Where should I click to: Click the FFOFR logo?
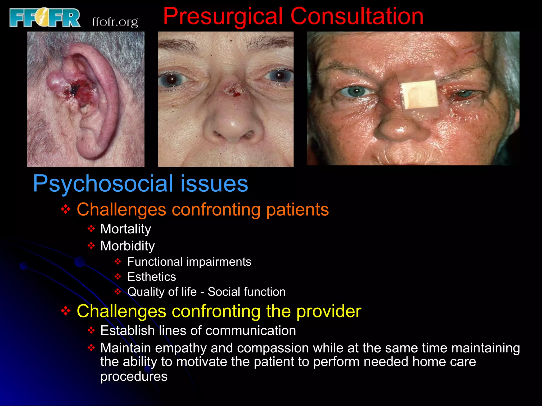pyautogui.click(x=44, y=17)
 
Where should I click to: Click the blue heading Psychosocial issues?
pyautogui.click(x=140, y=183)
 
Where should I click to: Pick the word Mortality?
pyautogui.click(x=126, y=229)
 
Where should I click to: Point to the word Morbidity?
pyautogui.click(x=128, y=246)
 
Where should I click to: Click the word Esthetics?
pyautogui.click(x=152, y=277)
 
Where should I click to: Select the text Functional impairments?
pyautogui.click(x=189, y=262)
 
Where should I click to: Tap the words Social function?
pyautogui.click(x=247, y=292)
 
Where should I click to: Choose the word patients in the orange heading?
pyautogui.click(x=297, y=210)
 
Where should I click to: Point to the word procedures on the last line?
pyautogui.click(x=134, y=376)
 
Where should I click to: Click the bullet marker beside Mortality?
pyautogui.click(x=91, y=229)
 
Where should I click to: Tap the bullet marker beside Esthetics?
pyautogui.click(x=118, y=277)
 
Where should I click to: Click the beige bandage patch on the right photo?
pyautogui.click(x=419, y=95)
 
